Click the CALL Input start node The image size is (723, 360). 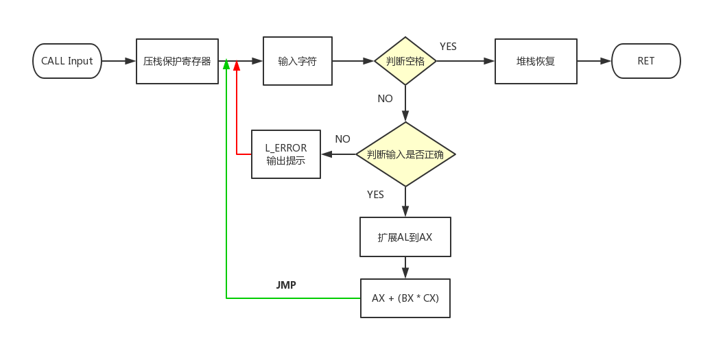point(67,61)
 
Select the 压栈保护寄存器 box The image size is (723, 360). point(177,61)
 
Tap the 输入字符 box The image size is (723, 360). point(297,61)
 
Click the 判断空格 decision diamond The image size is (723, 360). point(405,61)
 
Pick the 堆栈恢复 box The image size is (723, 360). point(536,61)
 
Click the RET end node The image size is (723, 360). point(645,61)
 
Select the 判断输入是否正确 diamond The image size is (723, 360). point(405,154)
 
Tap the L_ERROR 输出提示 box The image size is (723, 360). point(286,154)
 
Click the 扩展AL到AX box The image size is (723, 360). point(405,237)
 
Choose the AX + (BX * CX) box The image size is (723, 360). point(405,298)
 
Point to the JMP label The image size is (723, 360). point(286,285)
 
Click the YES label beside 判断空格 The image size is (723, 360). point(448,47)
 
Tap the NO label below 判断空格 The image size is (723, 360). point(385,99)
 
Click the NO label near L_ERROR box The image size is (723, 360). point(342,139)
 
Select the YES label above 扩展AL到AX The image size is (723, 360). point(375,195)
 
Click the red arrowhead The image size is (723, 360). point(237,65)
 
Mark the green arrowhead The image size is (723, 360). point(226,65)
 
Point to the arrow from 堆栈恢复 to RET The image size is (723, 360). point(594,61)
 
